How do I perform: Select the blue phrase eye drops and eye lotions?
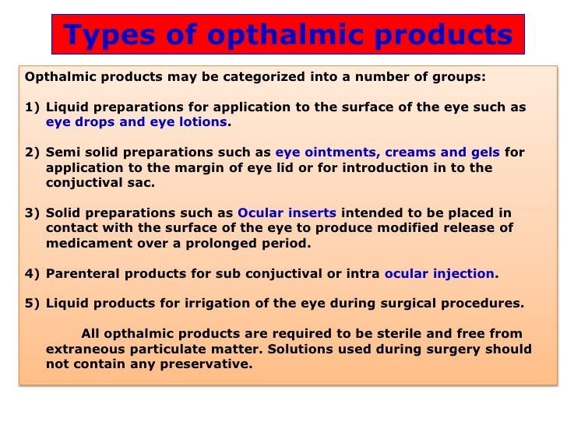pyautogui.click(x=136, y=122)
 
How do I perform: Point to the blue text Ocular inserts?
pyautogui.click(x=287, y=212)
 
